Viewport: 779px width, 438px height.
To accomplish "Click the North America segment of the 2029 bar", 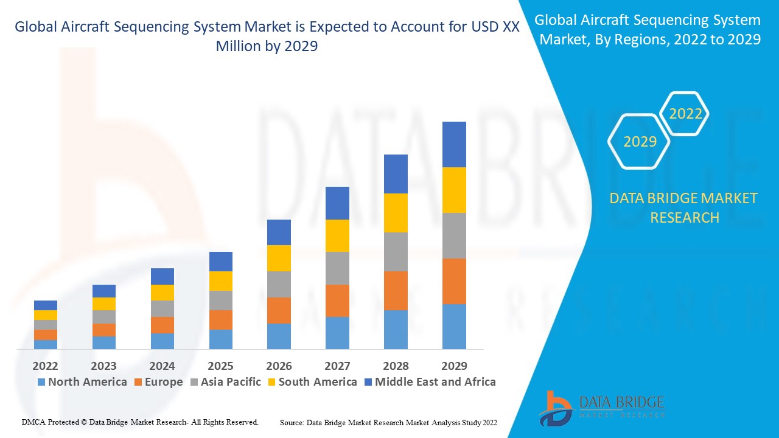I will coord(454,327).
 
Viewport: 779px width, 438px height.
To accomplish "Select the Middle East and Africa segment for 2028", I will coord(396,174).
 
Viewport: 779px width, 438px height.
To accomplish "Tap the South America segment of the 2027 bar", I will coord(337,235).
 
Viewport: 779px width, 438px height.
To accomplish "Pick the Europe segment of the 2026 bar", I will coord(279,310).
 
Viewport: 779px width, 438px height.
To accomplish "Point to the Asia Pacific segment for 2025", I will coord(220,301).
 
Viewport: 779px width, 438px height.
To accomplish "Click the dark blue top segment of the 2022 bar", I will coord(46,305).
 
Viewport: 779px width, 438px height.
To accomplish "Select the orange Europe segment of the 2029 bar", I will coord(454,281).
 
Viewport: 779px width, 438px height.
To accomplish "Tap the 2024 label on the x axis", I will coord(162,366).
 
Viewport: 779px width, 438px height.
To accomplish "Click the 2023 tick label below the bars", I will coord(103,366).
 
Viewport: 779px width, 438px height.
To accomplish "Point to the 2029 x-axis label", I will coord(454,366).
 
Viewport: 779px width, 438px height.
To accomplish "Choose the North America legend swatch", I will coord(41,382).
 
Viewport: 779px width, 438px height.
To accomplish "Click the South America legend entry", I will coord(317,382).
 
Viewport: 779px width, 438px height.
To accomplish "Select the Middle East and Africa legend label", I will coord(435,382).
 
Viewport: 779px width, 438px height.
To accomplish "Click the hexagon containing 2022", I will coord(685,114).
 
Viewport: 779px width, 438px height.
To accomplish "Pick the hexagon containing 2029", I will coord(639,142).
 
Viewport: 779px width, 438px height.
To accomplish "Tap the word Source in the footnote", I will coord(292,422).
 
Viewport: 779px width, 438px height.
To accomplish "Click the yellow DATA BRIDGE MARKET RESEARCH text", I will coord(684,207).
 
